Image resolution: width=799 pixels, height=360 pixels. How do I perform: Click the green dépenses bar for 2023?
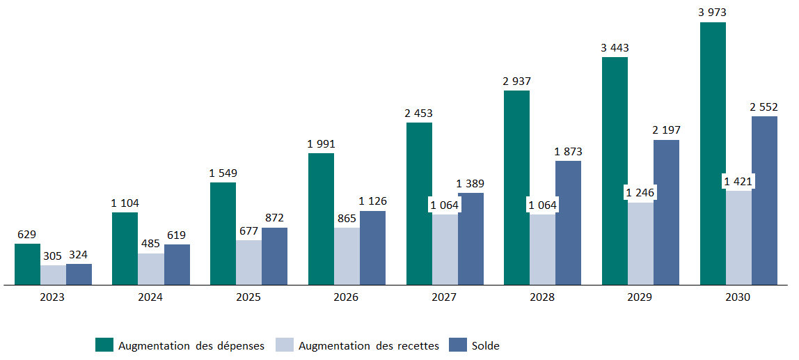[x=27, y=265]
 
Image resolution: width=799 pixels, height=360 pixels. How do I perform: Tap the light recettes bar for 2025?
[x=248, y=263]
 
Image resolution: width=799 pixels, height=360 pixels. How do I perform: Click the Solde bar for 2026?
[x=372, y=248]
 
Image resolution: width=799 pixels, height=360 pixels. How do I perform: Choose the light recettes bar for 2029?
[x=640, y=244]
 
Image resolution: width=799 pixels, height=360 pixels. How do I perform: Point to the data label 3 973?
[x=713, y=13]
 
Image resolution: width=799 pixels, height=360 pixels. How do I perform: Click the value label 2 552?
[x=764, y=107]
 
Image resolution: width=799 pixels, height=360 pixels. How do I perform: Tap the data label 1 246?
[x=640, y=192]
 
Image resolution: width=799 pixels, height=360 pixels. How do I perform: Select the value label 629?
[x=27, y=235]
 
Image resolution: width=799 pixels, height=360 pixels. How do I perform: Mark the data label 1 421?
[x=738, y=182]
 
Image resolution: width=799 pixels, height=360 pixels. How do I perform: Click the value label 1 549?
[x=223, y=173]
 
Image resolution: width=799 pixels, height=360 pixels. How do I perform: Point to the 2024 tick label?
[x=150, y=297]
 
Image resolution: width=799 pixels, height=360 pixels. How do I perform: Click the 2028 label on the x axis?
[x=542, y=297]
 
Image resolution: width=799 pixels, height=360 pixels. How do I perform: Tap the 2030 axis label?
[x=738, y=297]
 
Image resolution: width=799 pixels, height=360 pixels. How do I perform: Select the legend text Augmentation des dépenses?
[x=191, y=345]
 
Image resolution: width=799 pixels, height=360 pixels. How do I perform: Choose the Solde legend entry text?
[x=486, y=345]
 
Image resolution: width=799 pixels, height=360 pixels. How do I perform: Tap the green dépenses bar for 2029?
[x=615, y=171]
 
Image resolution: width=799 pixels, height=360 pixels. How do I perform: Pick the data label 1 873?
[x=568, y=152]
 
